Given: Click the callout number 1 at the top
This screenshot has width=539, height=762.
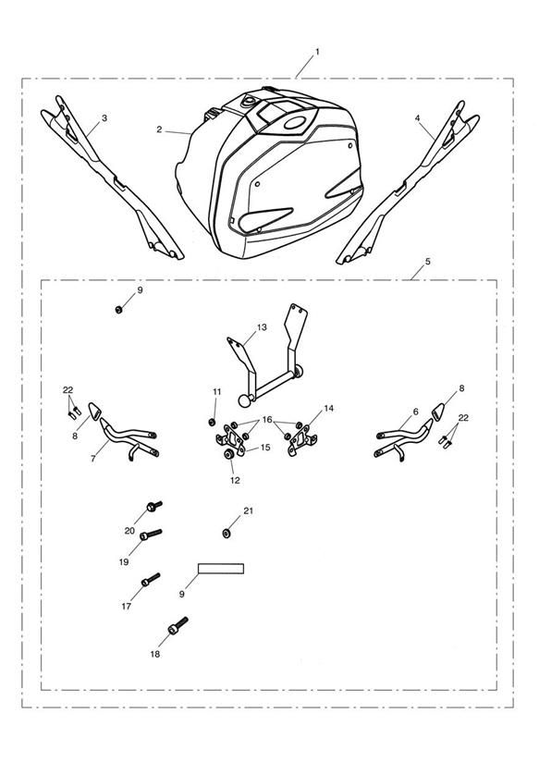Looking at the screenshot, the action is click(x=317, y=51).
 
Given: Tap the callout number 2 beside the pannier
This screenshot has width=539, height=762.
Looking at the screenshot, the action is click(x=159, y=129).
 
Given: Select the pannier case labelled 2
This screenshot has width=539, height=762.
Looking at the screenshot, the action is click(x=270, y=173).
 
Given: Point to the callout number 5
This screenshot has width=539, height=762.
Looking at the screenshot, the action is click(x=428, y=262).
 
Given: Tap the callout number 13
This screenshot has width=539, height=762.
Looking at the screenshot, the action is click(x=262, y=327).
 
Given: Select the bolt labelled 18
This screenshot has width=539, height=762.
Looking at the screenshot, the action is click(x=178, y=625).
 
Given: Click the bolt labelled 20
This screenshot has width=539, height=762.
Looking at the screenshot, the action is click(x=154, y=507).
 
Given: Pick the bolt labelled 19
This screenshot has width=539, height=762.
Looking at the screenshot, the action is click(x=151, y=535).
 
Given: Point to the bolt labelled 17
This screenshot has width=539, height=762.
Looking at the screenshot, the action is click(x=150, y=579).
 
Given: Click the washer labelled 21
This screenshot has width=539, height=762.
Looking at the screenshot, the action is click(x=226, y=534).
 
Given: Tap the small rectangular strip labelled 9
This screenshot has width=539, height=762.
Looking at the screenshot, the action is click(x=221, y=569).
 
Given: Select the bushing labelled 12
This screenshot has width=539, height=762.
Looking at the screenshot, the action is click(x=227, y=455).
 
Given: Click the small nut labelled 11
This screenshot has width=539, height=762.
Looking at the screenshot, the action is click(x=212, y=422).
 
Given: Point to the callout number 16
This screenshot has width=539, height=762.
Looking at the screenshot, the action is click(x=267, y=420).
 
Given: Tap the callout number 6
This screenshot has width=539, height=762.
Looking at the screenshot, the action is click(x=415, y=412).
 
